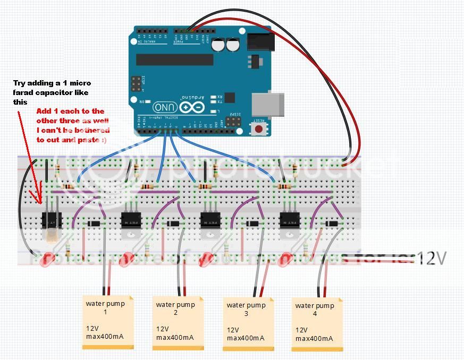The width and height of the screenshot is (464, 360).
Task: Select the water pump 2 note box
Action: click(x=178, y=323)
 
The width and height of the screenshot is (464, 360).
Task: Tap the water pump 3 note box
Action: click(x=248, y=323)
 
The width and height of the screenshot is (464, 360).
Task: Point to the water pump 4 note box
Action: click(x=317, y=323)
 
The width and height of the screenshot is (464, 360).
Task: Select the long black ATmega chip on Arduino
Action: click(x=175, y=59)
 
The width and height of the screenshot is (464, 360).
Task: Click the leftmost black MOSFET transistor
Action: click(x=52, y=219)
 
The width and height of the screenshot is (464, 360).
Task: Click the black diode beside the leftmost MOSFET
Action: click(x=94, y=223)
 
